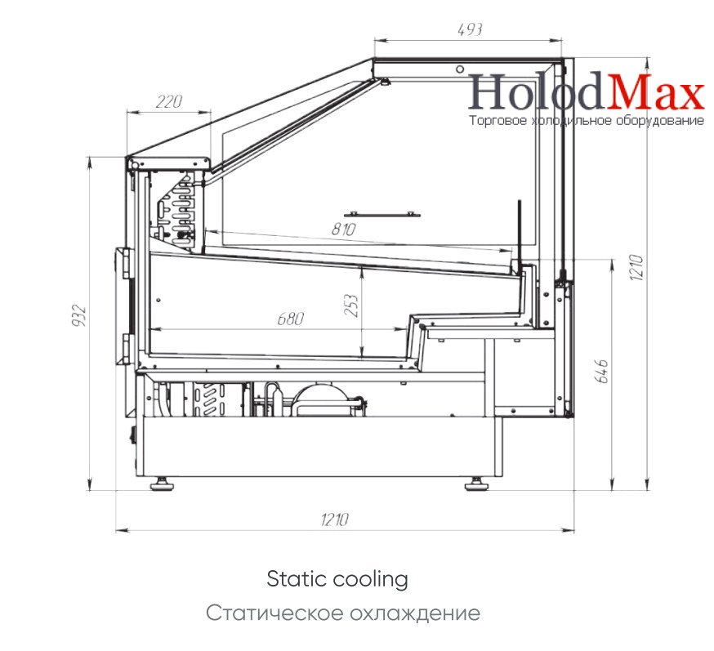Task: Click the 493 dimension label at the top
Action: pyautogui.click(x=470, y=29)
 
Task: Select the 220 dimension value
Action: pyautogui.click(x=169, y=101)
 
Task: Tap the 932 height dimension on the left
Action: pyautogui.click(x=78, y=315)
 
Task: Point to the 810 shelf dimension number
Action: pyautogui.click(x=343, y=229)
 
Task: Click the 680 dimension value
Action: pyautogui.click(x=291, y=319)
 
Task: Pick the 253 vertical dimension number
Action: pyautogui.click(x=351, y=305)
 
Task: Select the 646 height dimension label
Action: pyautogui.click(x=601, y=372)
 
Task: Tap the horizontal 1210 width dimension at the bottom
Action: pyautogui.click(x=335, y=519)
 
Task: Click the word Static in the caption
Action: pyautogui.click(x=297, y=579)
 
